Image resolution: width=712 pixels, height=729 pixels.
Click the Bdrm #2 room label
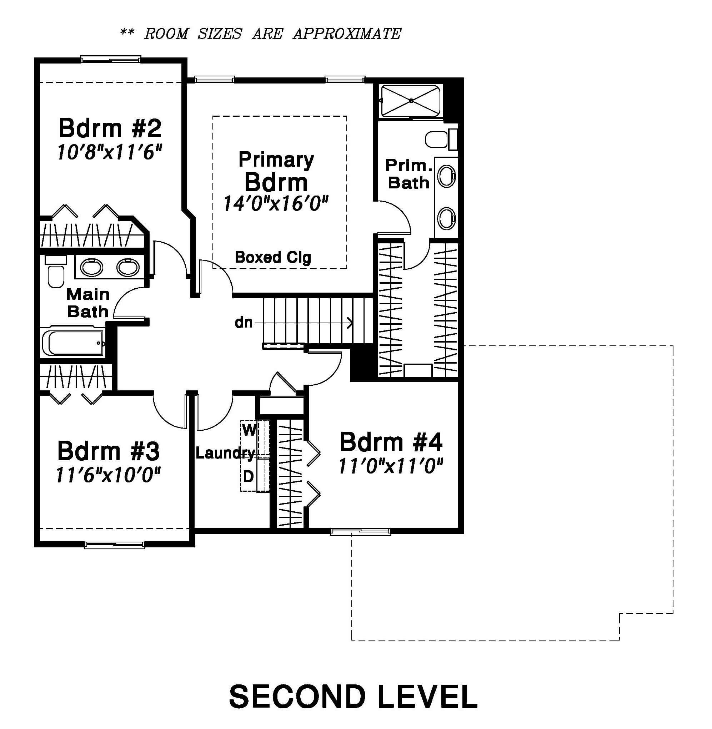pos(110,128)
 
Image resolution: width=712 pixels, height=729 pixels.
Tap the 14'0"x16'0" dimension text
pos(276,204)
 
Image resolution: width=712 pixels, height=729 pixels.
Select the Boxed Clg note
pos(272,257)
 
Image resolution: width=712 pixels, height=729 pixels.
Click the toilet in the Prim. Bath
pos(441,139)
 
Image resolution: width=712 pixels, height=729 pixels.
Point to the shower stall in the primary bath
pos(411,101)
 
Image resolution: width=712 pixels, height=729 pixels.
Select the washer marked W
pos(255,439)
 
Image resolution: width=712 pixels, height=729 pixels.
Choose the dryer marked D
pos(255,474)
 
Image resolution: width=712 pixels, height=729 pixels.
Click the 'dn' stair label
pos(244,323)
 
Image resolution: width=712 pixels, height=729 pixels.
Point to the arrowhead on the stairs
pos(350,323)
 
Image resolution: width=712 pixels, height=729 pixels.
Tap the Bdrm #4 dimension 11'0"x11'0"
pos(391,466)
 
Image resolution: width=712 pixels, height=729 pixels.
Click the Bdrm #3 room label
pos(109,451)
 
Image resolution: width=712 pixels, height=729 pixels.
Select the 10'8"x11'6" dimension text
pos(109,152)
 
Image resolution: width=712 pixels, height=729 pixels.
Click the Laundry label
pos(225,454)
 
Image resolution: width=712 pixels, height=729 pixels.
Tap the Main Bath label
pos(88,303)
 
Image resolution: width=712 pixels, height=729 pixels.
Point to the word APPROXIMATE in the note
pos(347,34)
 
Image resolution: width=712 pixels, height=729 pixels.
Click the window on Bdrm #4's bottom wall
pos(361,532)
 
